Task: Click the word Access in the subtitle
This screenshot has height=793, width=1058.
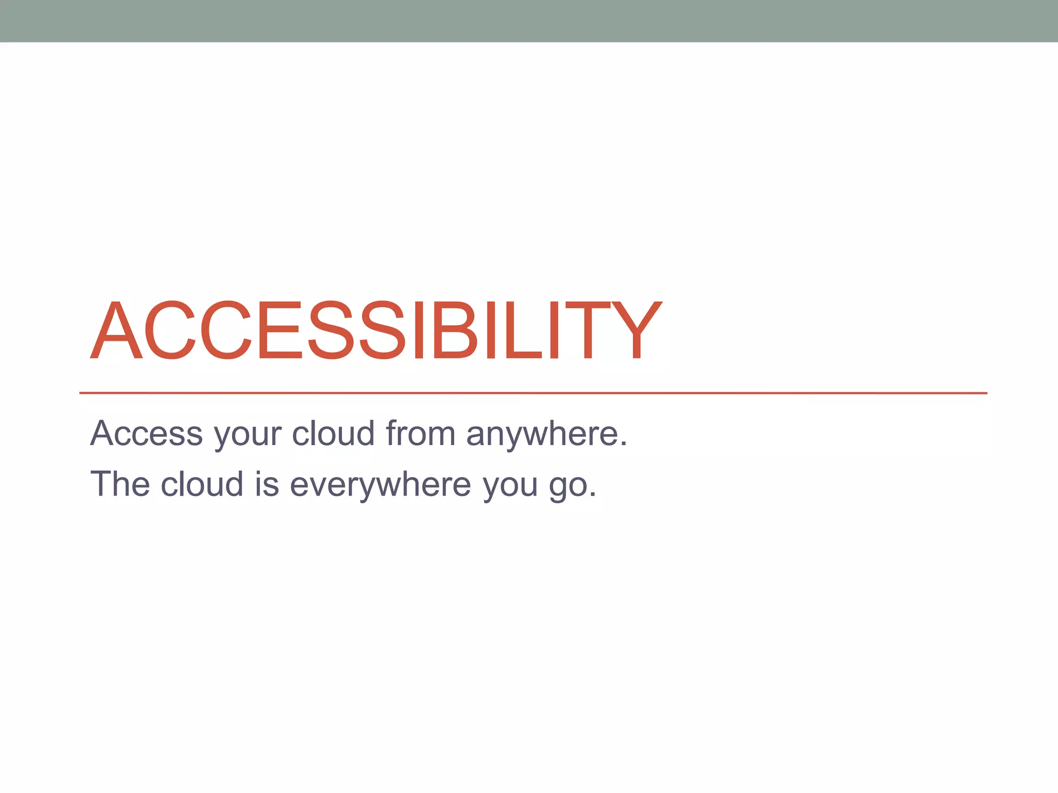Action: coord(146,433)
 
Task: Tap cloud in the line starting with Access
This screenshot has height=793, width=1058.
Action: coord(333,433)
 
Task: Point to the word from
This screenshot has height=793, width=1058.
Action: coord(420,433)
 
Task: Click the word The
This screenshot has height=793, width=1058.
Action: coord(120,484)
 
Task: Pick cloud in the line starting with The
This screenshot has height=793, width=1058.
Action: coord(202,484)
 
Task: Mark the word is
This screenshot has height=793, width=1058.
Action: coord(267,484)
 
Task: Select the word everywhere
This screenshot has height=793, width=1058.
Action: coord(380,485)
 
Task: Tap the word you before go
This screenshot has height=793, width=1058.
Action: coord(510,487)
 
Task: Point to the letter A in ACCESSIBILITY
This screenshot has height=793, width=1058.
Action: coord(116,330)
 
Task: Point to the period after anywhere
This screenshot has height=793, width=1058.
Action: coord(624,444)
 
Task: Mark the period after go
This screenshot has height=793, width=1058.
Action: coord(593,495)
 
